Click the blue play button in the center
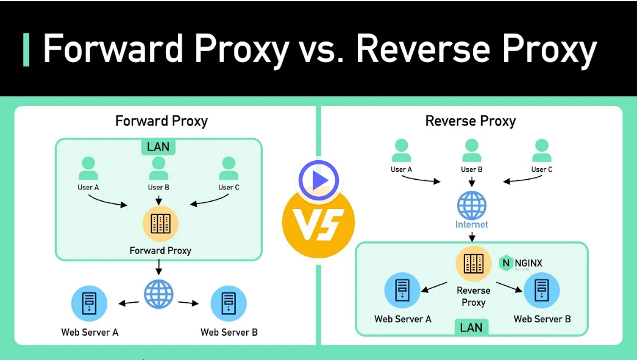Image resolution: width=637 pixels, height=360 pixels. click(x=318, y=180)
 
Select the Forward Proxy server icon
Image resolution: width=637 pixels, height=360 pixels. click(x=160, y=224)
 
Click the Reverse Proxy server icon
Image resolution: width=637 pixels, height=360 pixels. click(x=474, y=264)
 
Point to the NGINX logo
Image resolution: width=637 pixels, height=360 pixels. click(x=521, y=263)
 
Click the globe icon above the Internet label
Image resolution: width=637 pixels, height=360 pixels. click(x=472, y=205)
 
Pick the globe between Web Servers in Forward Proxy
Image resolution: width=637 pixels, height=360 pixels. click(x=159, y=294)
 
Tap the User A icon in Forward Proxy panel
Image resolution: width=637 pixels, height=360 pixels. click(x=88, y=166)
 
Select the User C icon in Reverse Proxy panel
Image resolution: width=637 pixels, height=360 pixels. click(x=542, y=149)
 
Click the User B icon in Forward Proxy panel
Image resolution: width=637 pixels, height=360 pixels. click(x=159, y=166)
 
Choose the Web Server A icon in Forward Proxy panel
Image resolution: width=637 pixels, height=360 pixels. click(x=89, y=303)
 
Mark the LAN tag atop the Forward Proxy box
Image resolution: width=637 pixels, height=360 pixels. click(x=158, y=147)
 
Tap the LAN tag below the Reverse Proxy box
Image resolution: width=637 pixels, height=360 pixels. click(x=471, y=327)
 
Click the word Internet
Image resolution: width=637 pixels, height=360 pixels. click(x=472, y=225)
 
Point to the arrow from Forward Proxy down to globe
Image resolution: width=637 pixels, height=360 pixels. click(x=159, y=267)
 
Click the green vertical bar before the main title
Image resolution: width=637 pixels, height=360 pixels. click(x=26, y=50)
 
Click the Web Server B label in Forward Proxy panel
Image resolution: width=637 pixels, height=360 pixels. click(x=229, y=333)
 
